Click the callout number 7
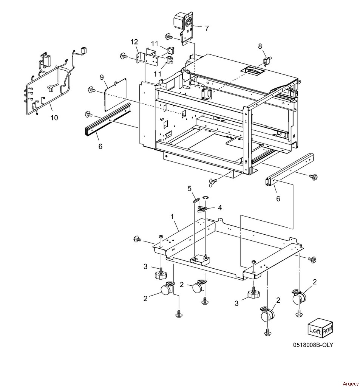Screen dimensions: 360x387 point(207,28)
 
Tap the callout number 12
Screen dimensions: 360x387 point(134,42)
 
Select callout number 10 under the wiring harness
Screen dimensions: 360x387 point(54,118)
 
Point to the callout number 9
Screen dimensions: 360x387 point(102,77)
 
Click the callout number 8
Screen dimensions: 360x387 point(260,46)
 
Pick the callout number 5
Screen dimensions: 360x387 point(190,189)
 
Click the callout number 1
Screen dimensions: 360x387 point(172,217)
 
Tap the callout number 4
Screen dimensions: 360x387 point(219,207)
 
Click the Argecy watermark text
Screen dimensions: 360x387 point(351,384)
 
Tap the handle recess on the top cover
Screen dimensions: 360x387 point(253,71)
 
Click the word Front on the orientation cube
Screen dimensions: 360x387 point(328,328)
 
